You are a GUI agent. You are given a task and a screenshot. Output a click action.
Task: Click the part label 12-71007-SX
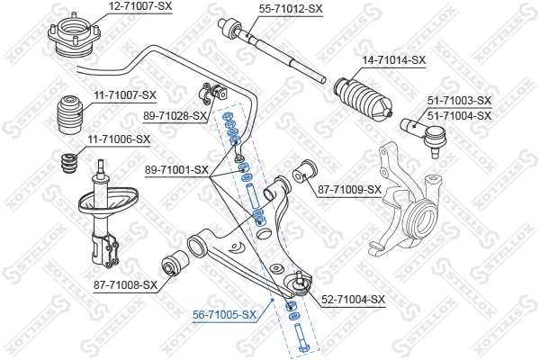(x=140, y=6)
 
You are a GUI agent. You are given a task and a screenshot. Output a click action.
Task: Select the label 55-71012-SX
(x=291, y=9)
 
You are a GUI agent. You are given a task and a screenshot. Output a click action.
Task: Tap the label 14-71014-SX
(x=394, y=60)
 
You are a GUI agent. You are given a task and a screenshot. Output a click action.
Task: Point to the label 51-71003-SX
(x=459, y=101)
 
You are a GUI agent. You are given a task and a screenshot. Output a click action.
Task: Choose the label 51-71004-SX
(x=459, y=115)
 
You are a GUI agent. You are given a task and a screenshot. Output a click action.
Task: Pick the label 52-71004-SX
(x=354, y=300)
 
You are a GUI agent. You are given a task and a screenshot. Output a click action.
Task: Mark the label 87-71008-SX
(x=125, y=285)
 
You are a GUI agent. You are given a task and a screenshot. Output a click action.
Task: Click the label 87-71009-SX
(x=349, y=189)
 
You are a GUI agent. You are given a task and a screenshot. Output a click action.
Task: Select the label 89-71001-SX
(x=176, y=169)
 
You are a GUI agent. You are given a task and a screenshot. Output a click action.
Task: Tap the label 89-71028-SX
(x=175, y=116)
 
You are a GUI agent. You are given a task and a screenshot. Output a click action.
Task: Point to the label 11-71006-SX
(x=119, y=139)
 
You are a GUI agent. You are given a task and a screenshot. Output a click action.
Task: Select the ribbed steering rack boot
(x=363, y=98)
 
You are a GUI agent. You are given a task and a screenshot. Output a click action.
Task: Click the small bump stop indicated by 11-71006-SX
(x=69, y=165)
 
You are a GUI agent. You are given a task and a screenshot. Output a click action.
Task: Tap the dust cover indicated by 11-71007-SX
(x=69, y=115)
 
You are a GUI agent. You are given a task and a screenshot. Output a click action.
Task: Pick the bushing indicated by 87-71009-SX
(x=305, y=172)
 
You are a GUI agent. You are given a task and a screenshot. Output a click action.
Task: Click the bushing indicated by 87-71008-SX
(x=175, y=263)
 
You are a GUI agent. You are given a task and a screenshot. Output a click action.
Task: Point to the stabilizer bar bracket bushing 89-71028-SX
(x=213, y=93)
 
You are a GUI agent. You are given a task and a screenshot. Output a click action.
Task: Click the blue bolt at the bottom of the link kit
(x=301, y=338)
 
